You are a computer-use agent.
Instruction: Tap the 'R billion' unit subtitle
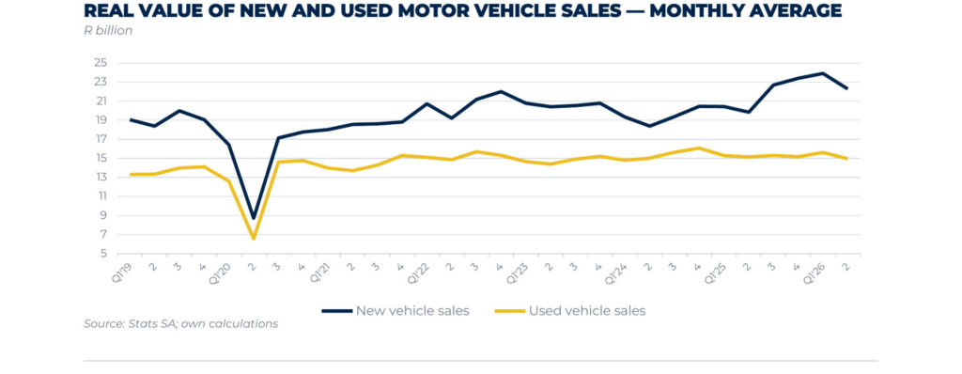108,31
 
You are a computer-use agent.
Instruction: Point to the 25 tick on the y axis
101,63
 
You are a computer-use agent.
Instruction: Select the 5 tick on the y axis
103,254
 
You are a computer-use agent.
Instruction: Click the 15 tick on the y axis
101,159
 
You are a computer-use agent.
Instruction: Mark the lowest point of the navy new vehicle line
254,218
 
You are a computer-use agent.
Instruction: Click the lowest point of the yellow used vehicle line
254,239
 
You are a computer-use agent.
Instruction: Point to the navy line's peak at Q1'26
822,73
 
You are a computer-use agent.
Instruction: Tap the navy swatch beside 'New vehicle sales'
337,311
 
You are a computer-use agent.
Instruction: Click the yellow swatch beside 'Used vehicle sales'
510,311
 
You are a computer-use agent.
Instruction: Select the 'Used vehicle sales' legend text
587,311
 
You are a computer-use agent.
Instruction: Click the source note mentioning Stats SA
181,323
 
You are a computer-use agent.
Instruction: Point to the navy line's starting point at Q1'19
130,119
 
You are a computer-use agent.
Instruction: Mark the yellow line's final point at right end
847,159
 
